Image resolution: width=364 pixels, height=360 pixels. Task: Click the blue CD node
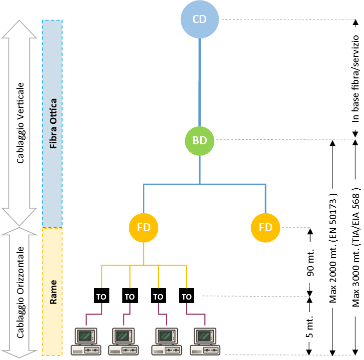click(200, 19)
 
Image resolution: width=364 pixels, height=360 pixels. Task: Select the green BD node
click(200, 141)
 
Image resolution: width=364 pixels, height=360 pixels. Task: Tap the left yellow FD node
click(144, 228)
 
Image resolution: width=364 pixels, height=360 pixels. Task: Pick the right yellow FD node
click(266, 228)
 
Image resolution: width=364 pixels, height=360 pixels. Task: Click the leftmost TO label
click(101, 297)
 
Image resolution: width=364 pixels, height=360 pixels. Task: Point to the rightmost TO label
click(187, 297)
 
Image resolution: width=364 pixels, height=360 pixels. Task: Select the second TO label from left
click(130, 297)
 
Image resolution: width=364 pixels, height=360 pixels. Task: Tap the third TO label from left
click(158, 297)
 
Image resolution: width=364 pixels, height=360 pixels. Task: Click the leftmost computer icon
click(86, 342)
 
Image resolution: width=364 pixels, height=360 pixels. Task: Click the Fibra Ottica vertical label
click(53, 124)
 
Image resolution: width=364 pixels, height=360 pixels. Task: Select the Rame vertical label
click(53, 292)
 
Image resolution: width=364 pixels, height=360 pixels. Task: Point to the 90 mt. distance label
click(310, 263)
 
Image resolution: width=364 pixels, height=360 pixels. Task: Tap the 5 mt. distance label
click(310, 328)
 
